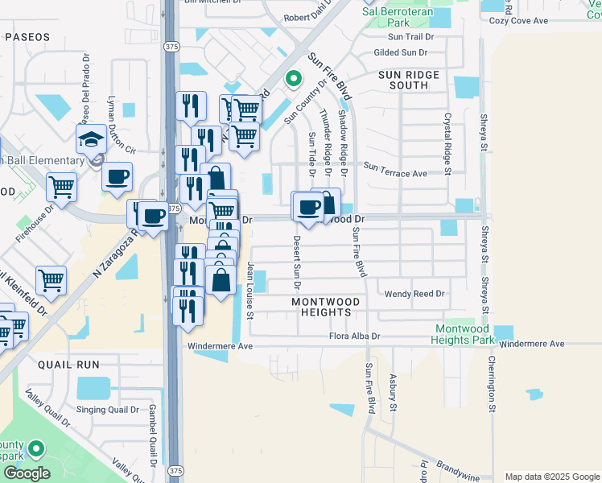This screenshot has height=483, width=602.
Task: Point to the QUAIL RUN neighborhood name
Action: coord(68,365)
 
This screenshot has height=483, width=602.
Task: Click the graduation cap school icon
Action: coord(91,139)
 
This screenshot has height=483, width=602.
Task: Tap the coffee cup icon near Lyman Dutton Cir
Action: coord(117,175)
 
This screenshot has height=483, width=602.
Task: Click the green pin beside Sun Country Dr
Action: coord(294,79)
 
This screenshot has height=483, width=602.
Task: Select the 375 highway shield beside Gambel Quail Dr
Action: coord(174,469)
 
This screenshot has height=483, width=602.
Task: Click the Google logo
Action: coord(26,473)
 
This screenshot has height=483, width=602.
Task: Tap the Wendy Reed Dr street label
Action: coord(414,294)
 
